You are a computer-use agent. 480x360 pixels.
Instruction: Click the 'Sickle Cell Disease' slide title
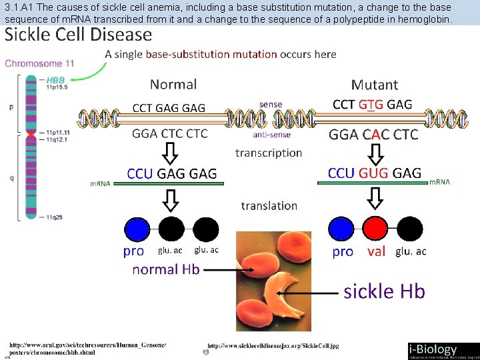point(79,35)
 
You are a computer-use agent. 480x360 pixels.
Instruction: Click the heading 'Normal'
point(173,85)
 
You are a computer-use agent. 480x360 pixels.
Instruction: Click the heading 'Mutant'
point(374,85)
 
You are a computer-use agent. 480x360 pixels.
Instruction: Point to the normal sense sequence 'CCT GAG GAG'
point(169,108)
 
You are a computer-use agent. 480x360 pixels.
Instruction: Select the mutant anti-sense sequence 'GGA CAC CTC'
point(373,135)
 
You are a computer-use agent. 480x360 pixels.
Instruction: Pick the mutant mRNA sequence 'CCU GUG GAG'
point(374,173)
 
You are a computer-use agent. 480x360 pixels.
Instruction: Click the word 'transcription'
point(269,153)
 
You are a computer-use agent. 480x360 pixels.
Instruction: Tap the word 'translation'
point(269,206)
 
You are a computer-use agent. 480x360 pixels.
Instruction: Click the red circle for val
point(376,229)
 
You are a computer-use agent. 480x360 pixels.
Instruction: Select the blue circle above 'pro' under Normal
point(137,229)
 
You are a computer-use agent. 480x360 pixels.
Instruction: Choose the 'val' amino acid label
point(376,252)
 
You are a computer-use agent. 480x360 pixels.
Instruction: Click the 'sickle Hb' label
point(384,291)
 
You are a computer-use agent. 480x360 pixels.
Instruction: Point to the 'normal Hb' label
point(165,269)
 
